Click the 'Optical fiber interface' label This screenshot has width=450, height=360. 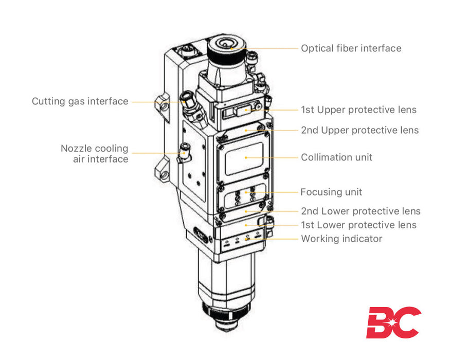(x=351, y=48)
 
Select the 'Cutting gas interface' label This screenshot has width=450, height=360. (x=80, y=101)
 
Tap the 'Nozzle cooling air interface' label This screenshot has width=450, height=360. (x=94, y=154)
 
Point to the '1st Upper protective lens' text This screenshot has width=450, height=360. (x=358, y=110)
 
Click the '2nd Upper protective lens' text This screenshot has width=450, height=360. (x=359, y=130)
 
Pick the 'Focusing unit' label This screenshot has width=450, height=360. (x=331, y=192)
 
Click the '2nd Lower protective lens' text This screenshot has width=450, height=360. (x=361, y=211)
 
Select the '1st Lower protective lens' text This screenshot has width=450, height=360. (x=358, y=225)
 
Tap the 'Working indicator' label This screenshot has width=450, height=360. (x=341, y=239)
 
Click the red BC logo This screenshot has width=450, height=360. (x=393, y=322)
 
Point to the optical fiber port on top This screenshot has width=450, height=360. (x=227, y=44)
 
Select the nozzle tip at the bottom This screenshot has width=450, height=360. (x=226, y=329)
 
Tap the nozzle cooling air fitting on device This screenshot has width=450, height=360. (x=183, y=154)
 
